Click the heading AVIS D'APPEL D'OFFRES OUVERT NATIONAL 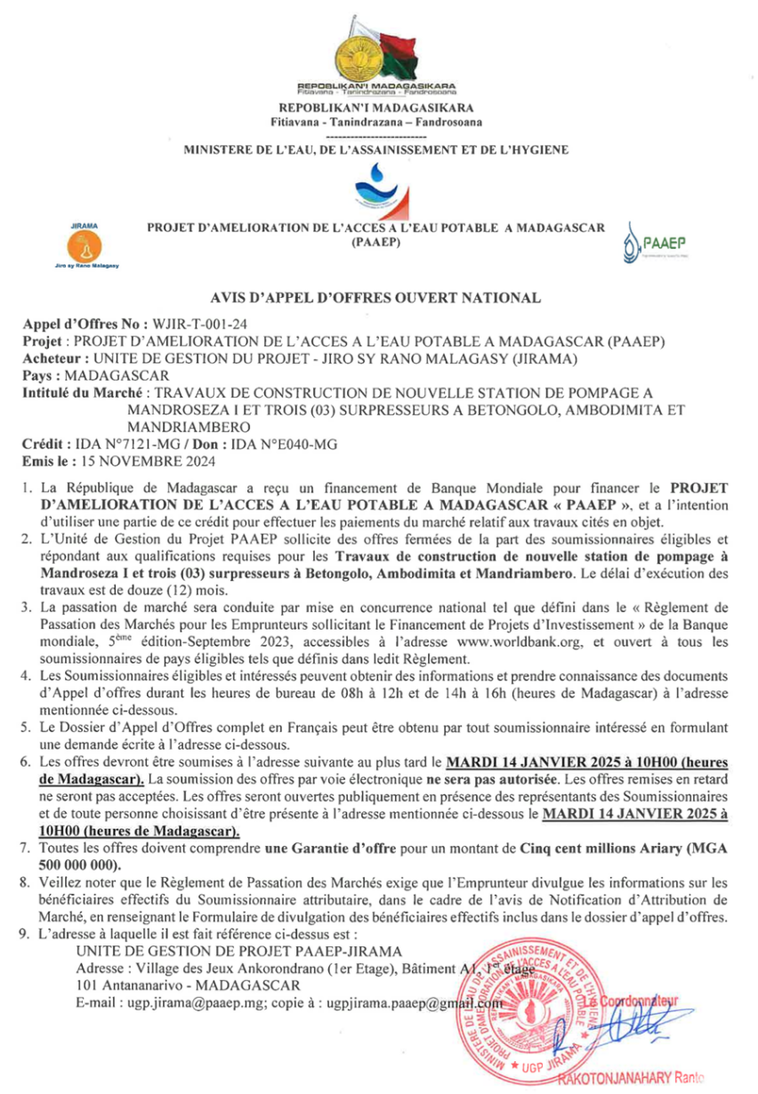click(x=375, y=298)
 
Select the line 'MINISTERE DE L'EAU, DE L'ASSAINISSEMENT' click(x=376, y=151)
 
